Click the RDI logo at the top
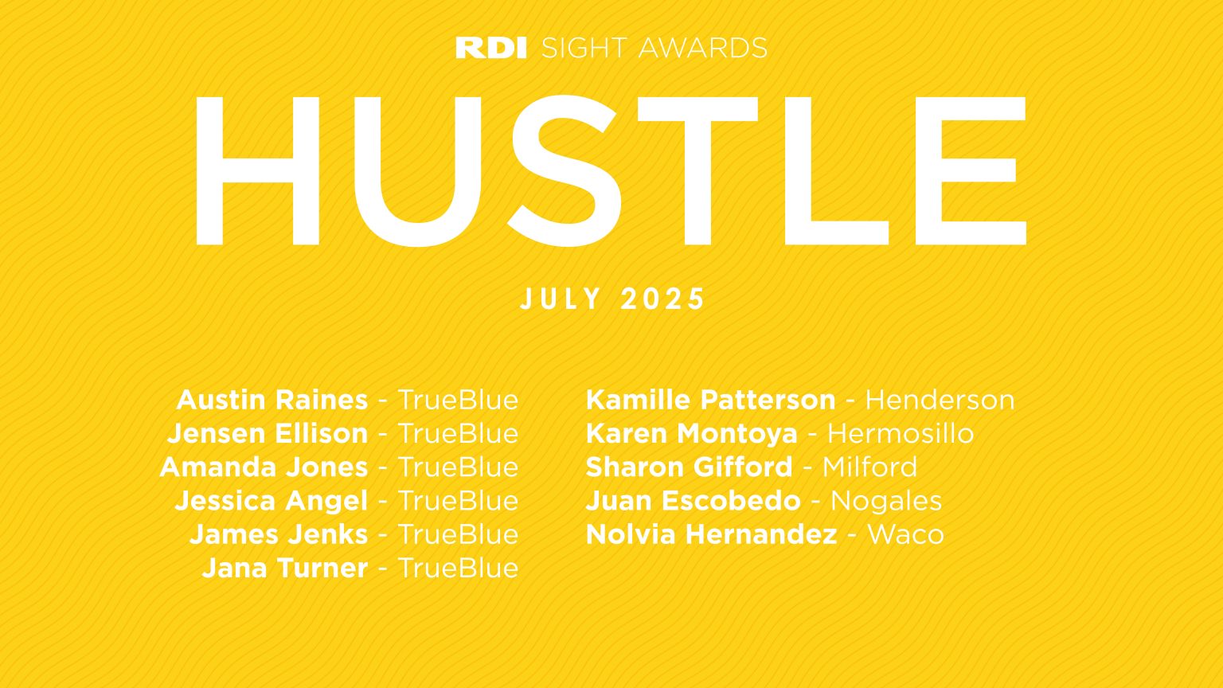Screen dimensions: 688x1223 click(491, 48)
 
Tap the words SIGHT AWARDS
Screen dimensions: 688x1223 click(654, 48)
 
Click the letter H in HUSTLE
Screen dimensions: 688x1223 click(256, 171)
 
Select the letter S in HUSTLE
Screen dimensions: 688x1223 click(563, 171)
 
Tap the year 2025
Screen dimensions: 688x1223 click(663, 299)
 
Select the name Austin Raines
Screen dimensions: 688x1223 click(272, 400)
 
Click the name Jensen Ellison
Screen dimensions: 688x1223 click(268, 434)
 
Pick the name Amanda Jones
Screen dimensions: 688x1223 click(264, 467)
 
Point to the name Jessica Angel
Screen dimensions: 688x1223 click(272, 501)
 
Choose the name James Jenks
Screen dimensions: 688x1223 click(279, 534)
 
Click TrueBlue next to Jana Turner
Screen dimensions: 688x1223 click(458, 568)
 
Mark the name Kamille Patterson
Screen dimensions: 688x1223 click(710, 400)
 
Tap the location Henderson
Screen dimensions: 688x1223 click(940, 400)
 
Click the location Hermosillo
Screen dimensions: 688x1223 click(900, 434)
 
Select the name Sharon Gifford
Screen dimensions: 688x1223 click(689, 467)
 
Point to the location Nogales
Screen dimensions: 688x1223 click(885, 501)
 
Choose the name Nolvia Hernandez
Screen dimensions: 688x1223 click(711, 534)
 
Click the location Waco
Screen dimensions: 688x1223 click(905, 534)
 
